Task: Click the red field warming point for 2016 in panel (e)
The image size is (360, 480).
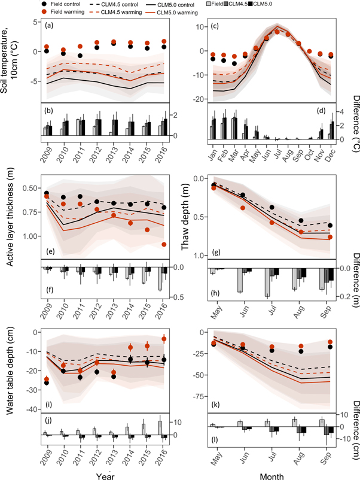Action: [164, 244]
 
